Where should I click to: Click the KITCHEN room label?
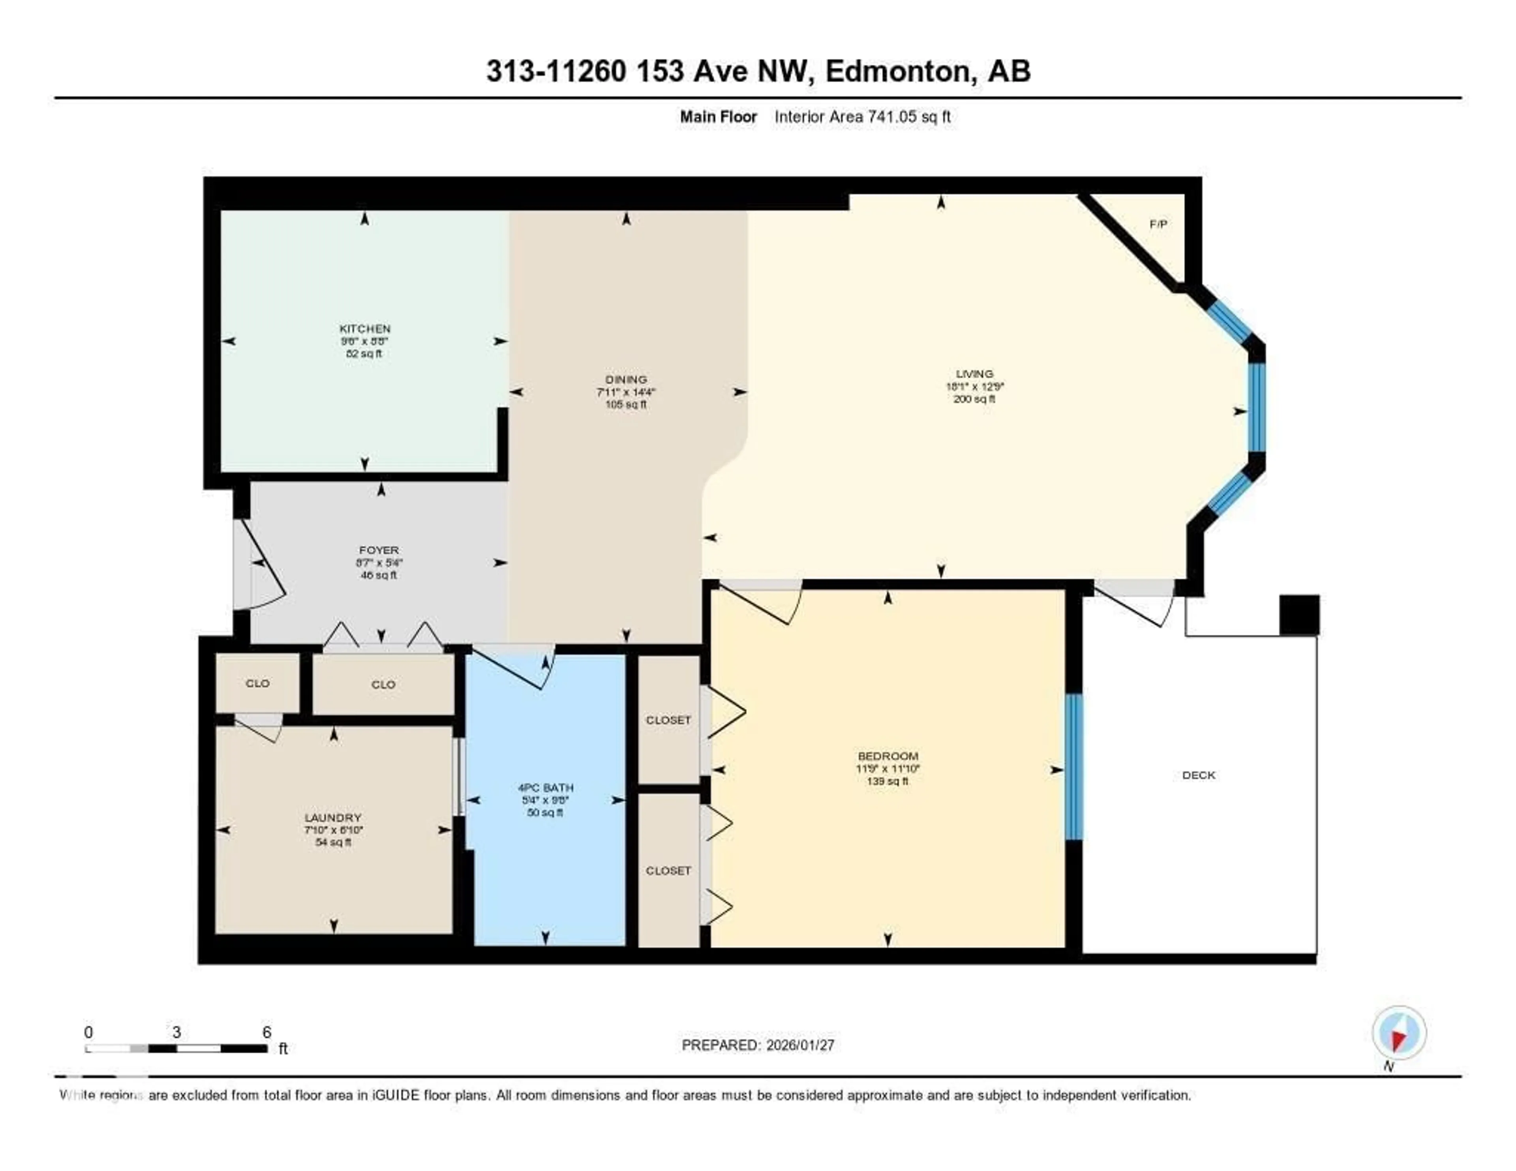click(364, 328)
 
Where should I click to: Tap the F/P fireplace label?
click(1158, 224)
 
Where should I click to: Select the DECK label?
click(1199, 775)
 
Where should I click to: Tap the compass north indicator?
click(1399, 1033)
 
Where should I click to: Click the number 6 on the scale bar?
click(266, 1032)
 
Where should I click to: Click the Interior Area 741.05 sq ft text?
click(862, 116)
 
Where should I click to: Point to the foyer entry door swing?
click(263, 566)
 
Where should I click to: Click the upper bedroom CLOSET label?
click(668, 720)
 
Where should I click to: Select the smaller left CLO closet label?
click(257, 683)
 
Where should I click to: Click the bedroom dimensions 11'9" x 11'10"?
click(888, 768)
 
